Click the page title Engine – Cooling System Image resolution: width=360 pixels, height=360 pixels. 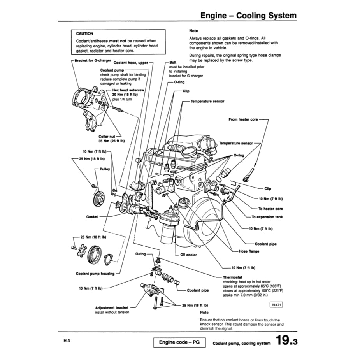[x=248, y=16]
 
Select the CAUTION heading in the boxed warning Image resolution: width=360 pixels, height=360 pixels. [x=84, y=33]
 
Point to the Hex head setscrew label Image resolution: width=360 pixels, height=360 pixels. [x=128, y=90]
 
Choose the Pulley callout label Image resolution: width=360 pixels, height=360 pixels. [x=105, y=169]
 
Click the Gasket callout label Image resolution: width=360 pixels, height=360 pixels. [x=92, y=216]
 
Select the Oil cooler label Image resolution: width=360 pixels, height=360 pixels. [x=189, y=255]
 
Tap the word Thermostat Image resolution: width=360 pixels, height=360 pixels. [x=233, y=277]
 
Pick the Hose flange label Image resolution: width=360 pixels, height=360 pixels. [x=249, y=251]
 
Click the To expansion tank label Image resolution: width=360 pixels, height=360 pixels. [x=267, y=217]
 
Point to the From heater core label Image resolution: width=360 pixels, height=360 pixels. [x=243, y=119]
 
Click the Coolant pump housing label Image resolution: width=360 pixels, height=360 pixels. [x=95, y=274]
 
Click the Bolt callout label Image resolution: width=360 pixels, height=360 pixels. [x=173, y=62]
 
